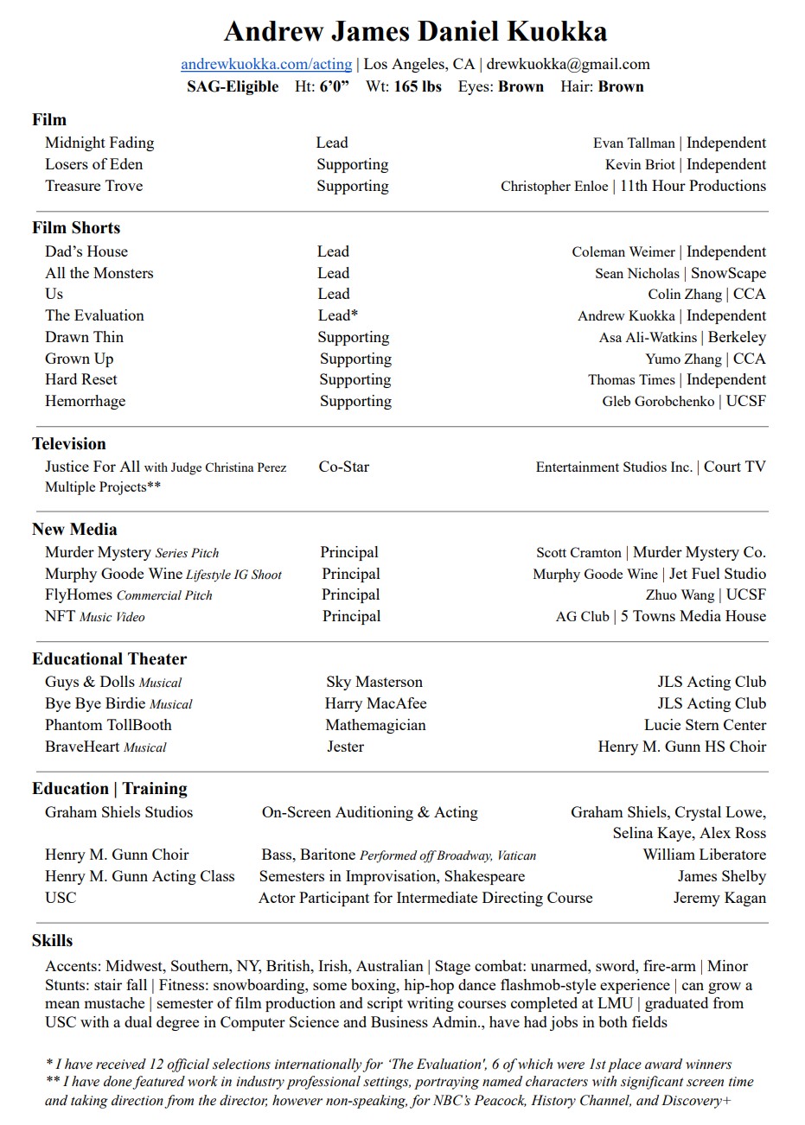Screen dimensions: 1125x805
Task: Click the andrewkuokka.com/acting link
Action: (x=266, y=64)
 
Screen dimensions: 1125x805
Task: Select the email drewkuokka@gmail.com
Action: (x=568, y=64)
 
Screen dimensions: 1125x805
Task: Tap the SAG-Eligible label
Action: (x=233, y=86)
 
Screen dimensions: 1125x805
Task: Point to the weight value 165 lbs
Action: (x=418, y=86)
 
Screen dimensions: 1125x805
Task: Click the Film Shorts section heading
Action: (x=76, y=228)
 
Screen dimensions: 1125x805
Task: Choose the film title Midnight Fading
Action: (x=99, y=143)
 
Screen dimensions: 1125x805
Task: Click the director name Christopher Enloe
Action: (x=554, y=187)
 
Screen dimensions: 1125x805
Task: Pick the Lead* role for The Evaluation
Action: (x=337, y=315)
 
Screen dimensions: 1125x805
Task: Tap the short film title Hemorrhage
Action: (x=85, y=401)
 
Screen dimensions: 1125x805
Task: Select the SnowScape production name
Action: (x=728, y=273)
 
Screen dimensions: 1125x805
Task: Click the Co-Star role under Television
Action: (x=343, y=467)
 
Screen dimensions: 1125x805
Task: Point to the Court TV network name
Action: (x=734, y=467)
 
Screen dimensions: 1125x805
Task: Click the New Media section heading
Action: (x=74, y=530)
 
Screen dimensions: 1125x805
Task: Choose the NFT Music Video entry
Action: (x=95, y=617)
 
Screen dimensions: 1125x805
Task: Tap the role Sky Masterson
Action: (x=374, y=683)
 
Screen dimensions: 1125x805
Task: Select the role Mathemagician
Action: (x=375, y=726)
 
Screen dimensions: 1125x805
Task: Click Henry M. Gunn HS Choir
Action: (x=681, y=747)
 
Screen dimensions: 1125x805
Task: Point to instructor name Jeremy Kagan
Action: (x=719, y=898)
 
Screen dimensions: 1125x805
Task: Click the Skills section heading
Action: (x=53, y=941)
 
